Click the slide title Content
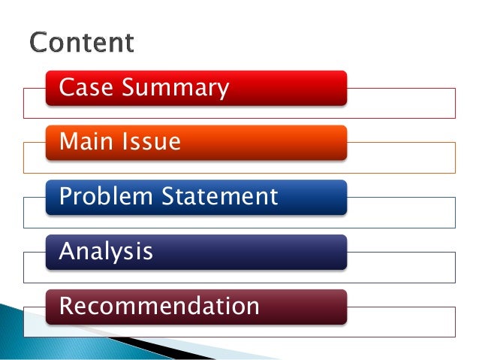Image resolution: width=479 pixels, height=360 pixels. tap(82, 42)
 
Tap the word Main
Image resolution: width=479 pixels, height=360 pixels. tap(83, 141)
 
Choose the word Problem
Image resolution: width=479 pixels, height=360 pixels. tap(107, 197)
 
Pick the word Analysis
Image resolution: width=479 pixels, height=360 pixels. tap(106, 252)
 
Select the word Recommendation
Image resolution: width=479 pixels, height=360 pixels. tap(159, 307)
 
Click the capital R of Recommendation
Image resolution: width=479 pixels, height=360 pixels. tap(66, 307)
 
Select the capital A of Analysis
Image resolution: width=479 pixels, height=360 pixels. tap(67, 251)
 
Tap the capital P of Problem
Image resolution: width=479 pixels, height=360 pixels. tap(66, 197)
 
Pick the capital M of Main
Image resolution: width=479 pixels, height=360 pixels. tap(68, 141)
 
